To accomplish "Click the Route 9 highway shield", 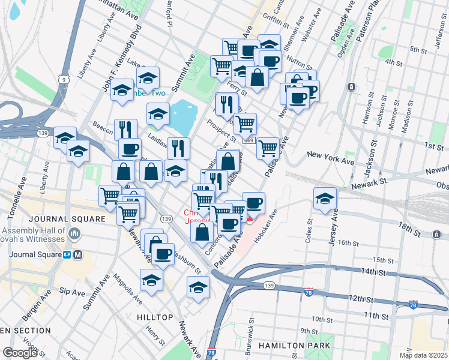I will [x=63, y=79].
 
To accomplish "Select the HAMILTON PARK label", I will [x=294, y=346].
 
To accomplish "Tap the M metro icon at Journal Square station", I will [x=79, y=254].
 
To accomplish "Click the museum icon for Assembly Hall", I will [x=74, y=232].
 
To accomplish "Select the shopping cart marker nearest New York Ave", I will [x=268, y=147].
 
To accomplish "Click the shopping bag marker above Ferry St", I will [x=257, y=77].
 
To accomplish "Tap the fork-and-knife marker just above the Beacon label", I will [x=125, y=129].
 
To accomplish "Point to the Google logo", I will [x=20, y=353].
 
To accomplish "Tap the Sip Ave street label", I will [x=73, y=293].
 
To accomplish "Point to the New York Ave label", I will [x=331, y=155].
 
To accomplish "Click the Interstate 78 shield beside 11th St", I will [x=412, y=305].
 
